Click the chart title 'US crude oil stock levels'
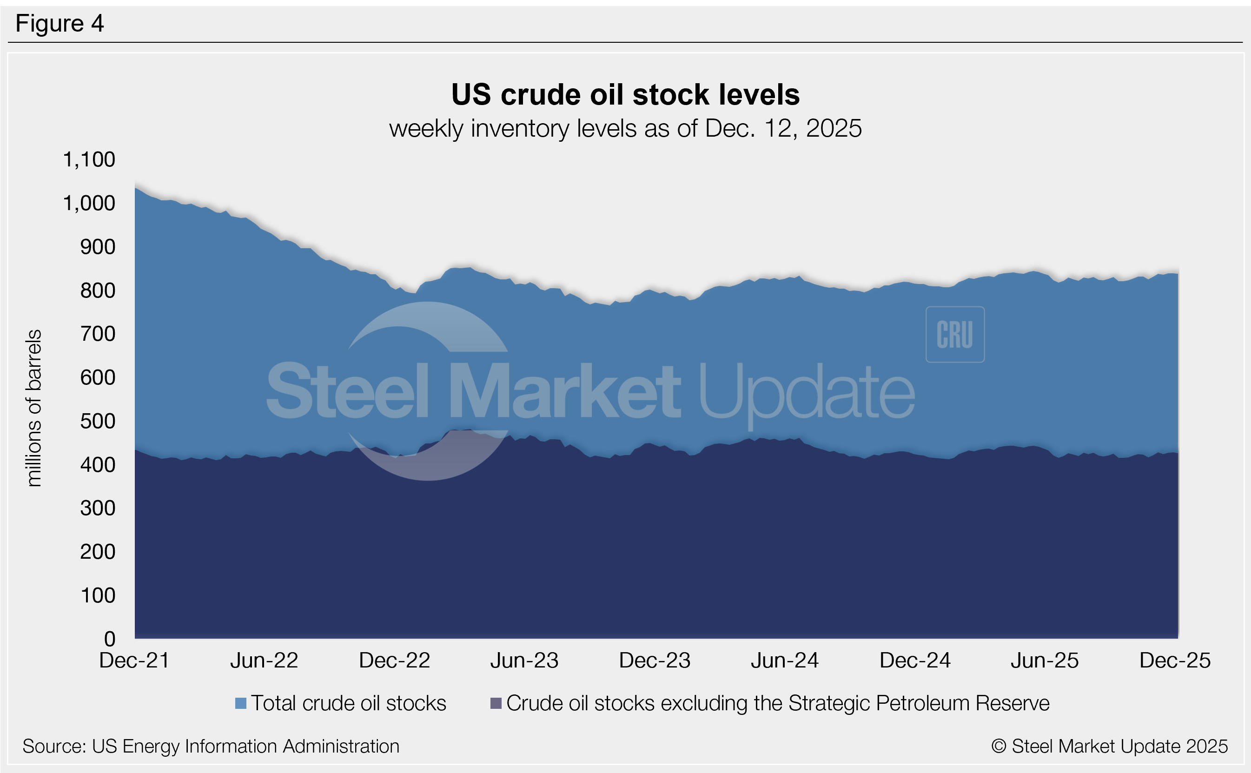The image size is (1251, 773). coord(625,95)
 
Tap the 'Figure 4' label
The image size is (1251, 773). coord(60,24)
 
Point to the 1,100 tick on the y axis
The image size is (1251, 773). coord(89,159)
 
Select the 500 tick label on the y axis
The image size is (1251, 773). coord(98,421)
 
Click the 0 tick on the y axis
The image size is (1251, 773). coord(109,639)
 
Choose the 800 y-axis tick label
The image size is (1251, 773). coord(98,291)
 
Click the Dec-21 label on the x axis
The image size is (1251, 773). coord(134,661)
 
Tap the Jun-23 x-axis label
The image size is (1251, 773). coord(524,661)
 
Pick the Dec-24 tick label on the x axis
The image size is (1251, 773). coord(915,661)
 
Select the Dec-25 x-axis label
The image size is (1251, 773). coord(1175,661)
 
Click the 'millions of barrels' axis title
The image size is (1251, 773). coord(34,408)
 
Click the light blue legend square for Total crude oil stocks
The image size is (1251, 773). coord(241,703)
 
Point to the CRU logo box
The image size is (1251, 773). coord(955,334)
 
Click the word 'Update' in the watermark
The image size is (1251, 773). coord(806,391)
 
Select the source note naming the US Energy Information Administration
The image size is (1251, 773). coord(211,747)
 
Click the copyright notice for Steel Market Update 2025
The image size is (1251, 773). coord(1109,747)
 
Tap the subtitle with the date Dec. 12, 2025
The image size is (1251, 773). coord(625,128)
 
